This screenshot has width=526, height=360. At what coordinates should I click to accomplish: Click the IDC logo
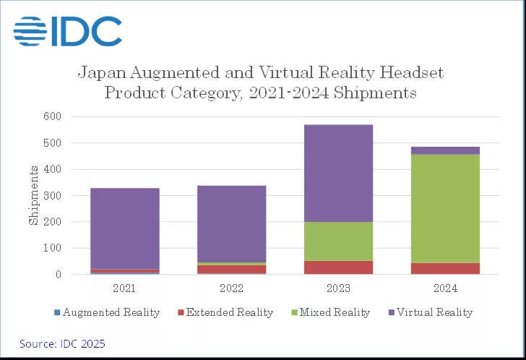(x=67, y=30)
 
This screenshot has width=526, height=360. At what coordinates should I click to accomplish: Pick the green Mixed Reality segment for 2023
(x=338, y=241)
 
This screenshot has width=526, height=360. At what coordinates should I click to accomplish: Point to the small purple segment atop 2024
(x=445, y=150)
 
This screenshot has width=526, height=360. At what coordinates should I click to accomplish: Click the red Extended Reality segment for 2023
(x=338, y=267)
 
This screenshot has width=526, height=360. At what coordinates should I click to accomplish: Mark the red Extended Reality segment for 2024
(x=445, y=268)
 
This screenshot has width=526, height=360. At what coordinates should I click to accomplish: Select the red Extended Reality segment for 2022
(x=231, y=270)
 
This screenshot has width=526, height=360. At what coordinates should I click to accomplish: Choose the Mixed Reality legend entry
(x=330, y=312)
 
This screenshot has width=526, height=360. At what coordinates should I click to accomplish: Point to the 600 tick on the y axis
(x=53, y=116)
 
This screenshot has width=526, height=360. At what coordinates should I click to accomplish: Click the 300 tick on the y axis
(x=53, y=195)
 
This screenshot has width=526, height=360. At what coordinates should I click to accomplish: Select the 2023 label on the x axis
(x=338, y=288)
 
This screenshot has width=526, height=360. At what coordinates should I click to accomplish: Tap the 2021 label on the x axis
(x=124, y=288)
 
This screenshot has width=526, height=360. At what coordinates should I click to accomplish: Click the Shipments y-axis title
(x=34, y=194)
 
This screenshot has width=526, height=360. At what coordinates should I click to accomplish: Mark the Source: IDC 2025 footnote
(x=62, y=343)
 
